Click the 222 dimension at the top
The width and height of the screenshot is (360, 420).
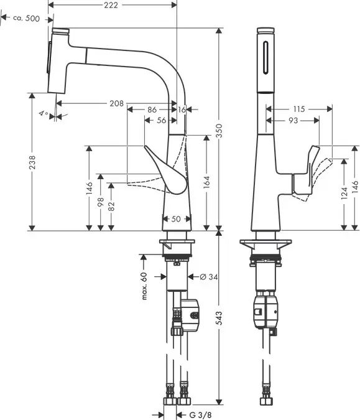click(111, 6)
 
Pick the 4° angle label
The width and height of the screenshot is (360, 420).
click(42, 114)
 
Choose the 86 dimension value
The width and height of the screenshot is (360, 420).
click(152, 110)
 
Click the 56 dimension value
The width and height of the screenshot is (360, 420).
click(161, 120)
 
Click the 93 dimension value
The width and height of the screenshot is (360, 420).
click(293, 120)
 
